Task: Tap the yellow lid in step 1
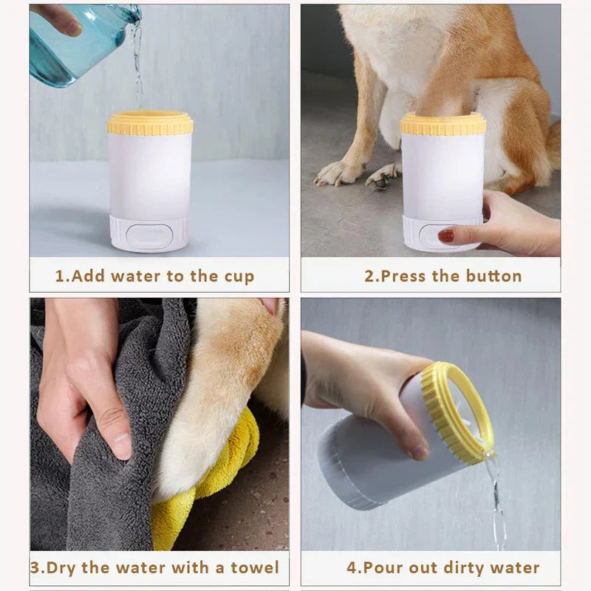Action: pos(150,123)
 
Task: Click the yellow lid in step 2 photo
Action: pos(443,123)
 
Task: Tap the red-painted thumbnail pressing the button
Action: pos(446,236)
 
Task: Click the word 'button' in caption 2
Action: pos(494,276)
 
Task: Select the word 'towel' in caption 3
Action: pos(256,567)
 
